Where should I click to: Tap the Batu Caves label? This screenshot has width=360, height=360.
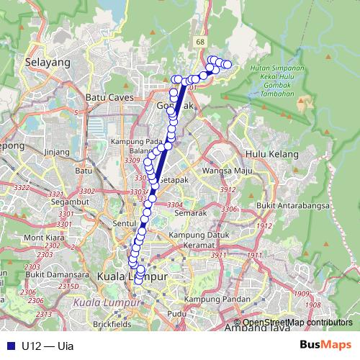coord(106,97)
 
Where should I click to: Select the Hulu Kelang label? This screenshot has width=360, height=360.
coord(265,153)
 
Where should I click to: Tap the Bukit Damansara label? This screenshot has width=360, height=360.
coord(50,274)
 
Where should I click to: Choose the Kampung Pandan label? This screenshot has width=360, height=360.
coord(212,299)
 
